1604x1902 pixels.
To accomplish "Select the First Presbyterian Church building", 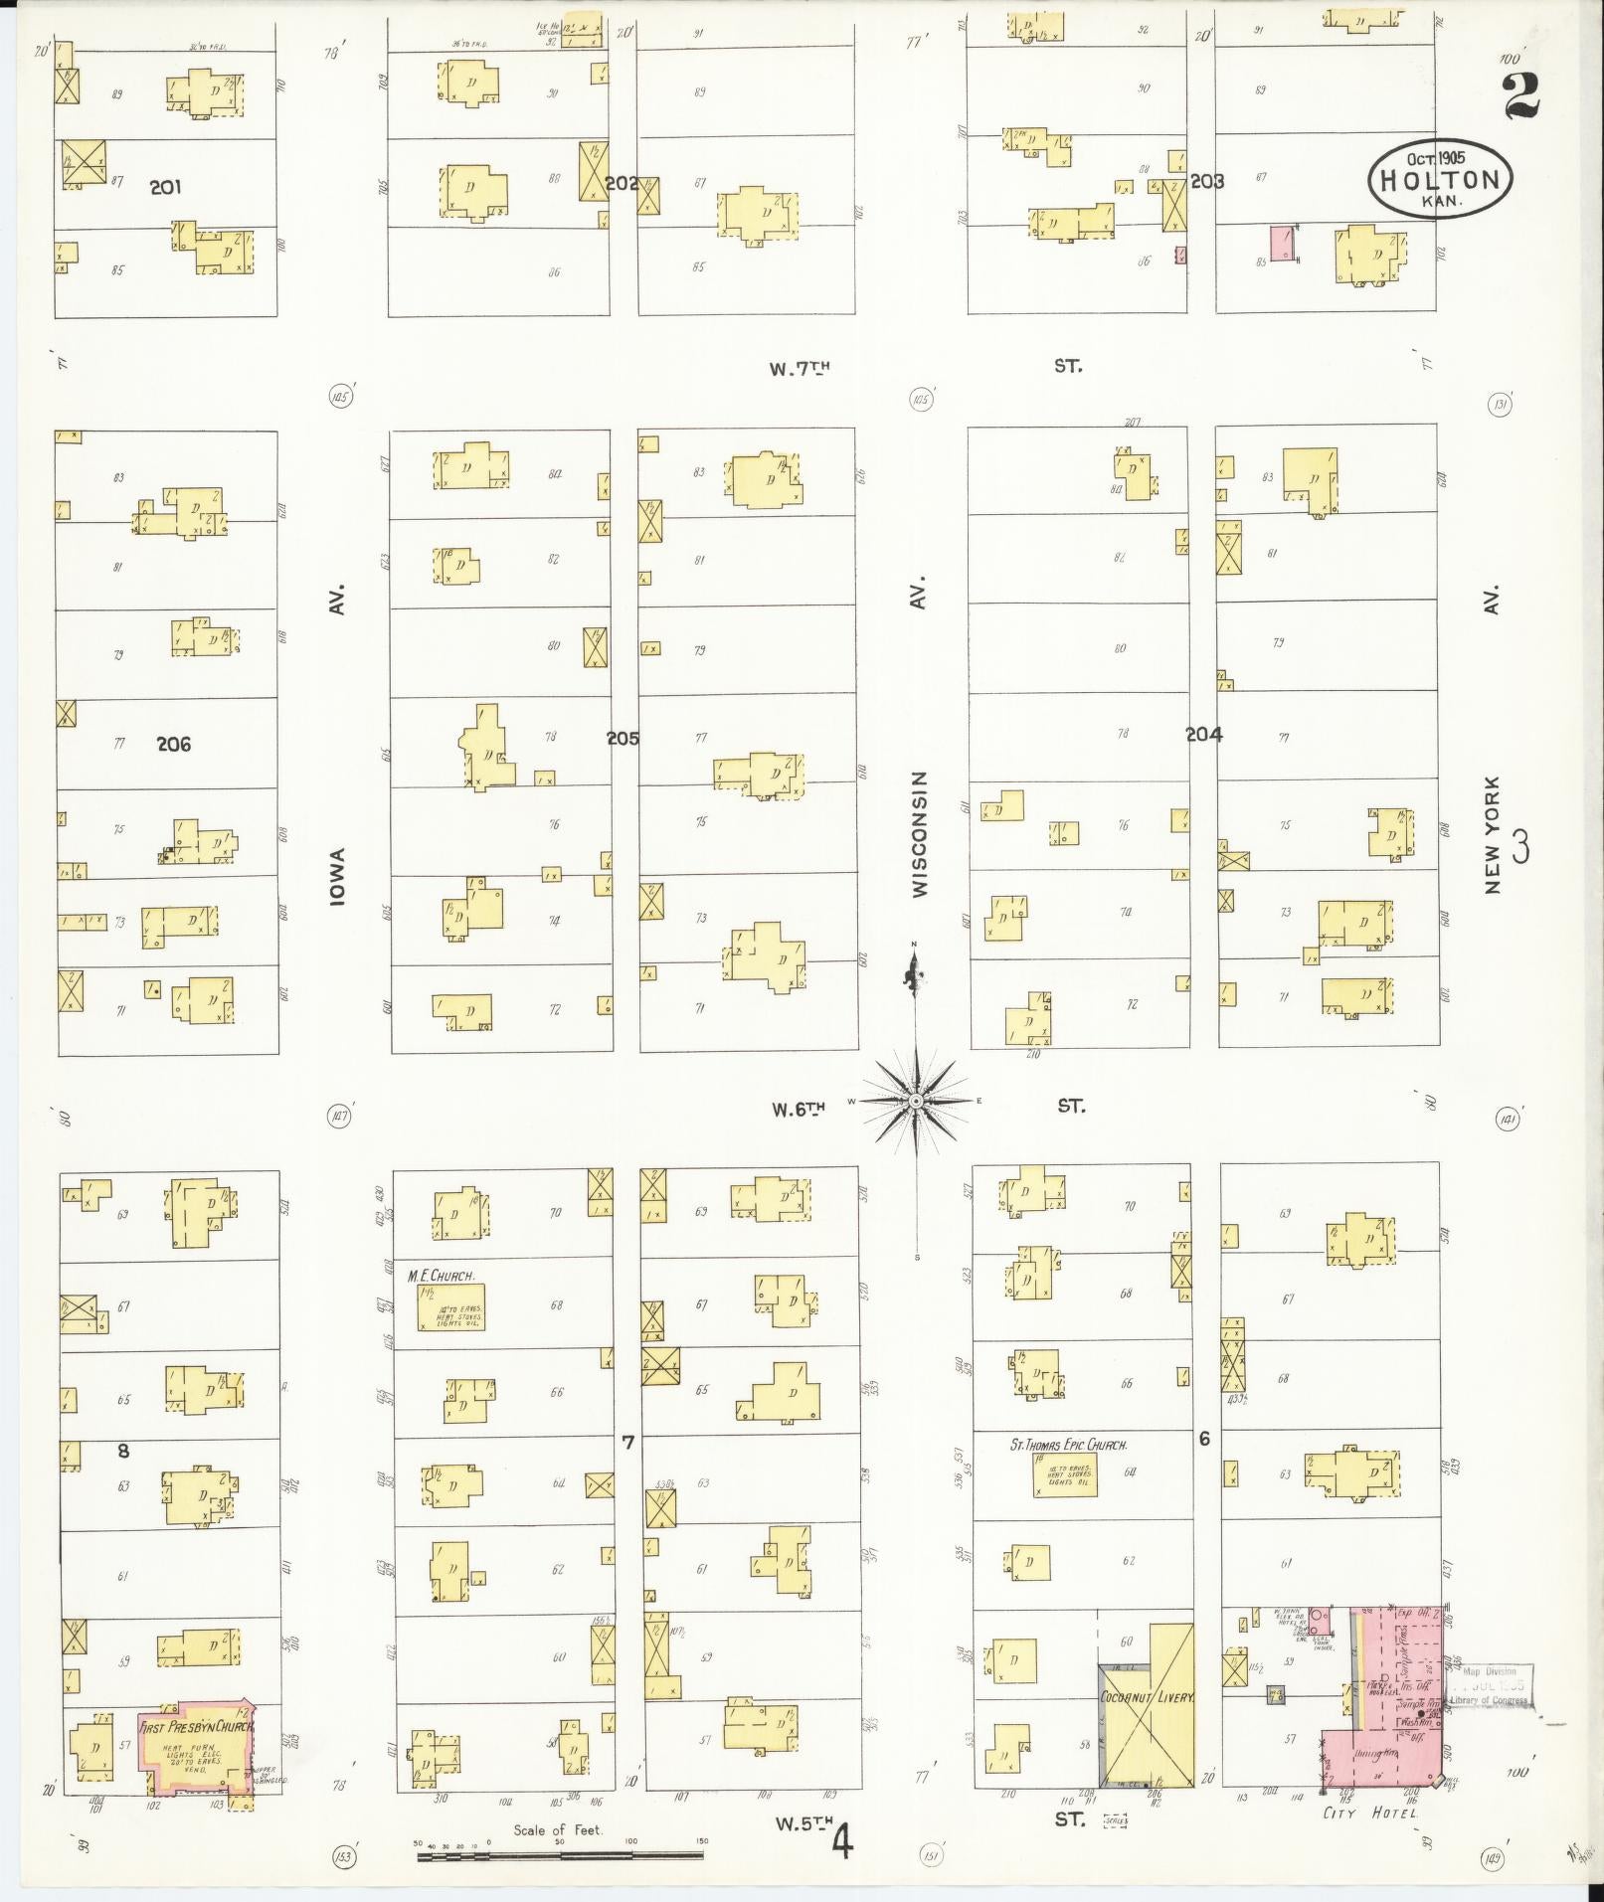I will [x=196, y=1745].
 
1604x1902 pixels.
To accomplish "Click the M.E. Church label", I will [x=441, y=1276].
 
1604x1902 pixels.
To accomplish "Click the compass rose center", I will [x=915, y=1101].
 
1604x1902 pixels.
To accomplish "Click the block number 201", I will [x=165, y=186].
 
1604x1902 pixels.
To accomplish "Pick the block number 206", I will [x=173, y=744].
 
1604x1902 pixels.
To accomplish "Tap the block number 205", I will [x=624, y=739].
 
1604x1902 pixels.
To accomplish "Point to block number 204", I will [x=1203, y=735].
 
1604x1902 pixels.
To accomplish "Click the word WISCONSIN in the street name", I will [x=919, y=834].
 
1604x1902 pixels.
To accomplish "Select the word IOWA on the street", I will [x=338, y=880].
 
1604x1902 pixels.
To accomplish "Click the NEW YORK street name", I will [x=1491, y=834].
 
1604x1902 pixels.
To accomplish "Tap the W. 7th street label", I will [x=800, y=368].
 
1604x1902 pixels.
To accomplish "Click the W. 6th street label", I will [x=800, y=1108].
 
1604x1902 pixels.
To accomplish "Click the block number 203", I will [x=1206, y=181].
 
